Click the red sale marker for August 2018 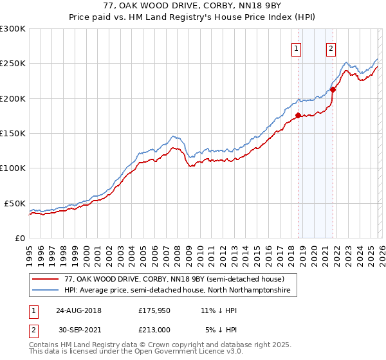(x=298, y=116)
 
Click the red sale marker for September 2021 (x=333, y=89)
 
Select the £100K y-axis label (x=13, y=168)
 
